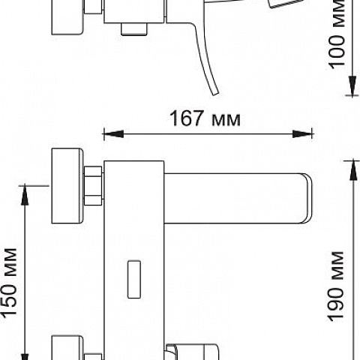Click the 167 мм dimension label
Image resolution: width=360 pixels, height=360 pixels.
click(205, 118)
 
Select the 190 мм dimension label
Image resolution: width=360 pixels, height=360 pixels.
click(336, 286)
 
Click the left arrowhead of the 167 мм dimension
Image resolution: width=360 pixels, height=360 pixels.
click(113, 134)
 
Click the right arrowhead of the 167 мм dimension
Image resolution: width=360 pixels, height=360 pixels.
click(302, 134)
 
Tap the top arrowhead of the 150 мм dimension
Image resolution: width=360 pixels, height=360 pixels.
click(25, 196)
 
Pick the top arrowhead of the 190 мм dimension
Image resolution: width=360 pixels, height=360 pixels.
click(353, 170)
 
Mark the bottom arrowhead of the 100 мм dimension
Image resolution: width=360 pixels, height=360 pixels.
click(352, 85)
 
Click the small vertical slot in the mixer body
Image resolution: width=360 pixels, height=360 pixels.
click(134, 279)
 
